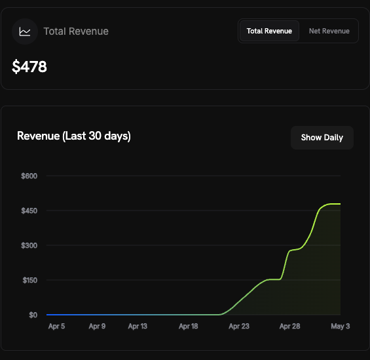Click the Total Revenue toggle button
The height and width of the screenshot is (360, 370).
click(x=269, y=31)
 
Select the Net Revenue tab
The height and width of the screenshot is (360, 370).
click(x=329, y=31)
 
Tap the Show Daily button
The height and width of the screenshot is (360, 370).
click(x=322, y=138)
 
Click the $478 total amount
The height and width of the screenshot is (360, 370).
click(x=29, y=66)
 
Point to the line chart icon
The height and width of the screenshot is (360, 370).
click(x=25, y=31)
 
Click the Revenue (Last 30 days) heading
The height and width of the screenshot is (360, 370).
click(x=74, y=136)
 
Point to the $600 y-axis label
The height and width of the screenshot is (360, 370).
click(x=29, y=176)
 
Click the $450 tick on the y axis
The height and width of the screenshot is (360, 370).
click(x=29, y=210)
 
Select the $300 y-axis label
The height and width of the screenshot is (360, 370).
click(x=29, y=245)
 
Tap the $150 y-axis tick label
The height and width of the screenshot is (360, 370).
click(x=30, y=280)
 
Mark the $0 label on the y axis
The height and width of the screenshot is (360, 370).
click(x=33, y=315)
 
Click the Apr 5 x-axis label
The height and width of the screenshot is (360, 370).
click(x=56, y=326)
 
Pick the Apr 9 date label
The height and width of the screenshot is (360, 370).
click(x=97, y=326)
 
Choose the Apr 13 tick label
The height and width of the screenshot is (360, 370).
click(x=138, y=326)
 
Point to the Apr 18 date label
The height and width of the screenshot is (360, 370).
click(x=189, y=326)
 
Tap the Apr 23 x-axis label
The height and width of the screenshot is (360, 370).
click(x=239, y=326)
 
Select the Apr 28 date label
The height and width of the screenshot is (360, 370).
click(x=289, y=326)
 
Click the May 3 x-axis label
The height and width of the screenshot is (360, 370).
click(x=341, y=326)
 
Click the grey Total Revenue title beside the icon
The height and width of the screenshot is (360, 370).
click(x=76, y=31)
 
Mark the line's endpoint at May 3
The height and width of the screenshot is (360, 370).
click(x=341, y=204)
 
